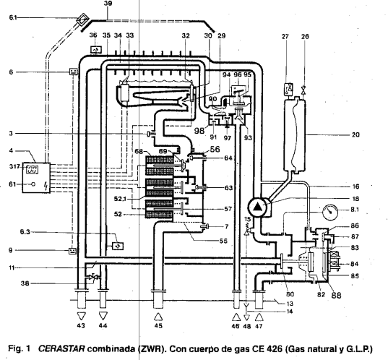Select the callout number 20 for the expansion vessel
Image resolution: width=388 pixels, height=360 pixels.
(x=355, y=135)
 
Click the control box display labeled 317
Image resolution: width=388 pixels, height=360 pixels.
(x=33, y=170)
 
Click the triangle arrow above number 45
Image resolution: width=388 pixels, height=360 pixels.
(x=158, y=317)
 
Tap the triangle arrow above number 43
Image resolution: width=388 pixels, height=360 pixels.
(x=82, y=316)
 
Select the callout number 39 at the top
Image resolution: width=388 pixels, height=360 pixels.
(x=108, y=4)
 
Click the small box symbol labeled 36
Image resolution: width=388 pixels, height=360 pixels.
(x=96, y=50)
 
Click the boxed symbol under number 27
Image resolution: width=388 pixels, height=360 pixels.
(x=289, y=89)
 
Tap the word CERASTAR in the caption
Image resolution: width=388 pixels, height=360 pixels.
(x=61, y=348)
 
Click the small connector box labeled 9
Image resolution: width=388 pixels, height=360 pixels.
(x=72, y=251)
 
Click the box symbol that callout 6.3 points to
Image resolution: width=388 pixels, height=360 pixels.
(x=118, y=246)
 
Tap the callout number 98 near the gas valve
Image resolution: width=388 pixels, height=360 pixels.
(x=199, y=130)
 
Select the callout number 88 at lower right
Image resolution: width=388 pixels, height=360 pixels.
(x=336, y=295)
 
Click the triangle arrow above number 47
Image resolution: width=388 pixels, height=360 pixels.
(x=259, y=317)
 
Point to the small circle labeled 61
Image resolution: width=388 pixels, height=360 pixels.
(x=33, y=184)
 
